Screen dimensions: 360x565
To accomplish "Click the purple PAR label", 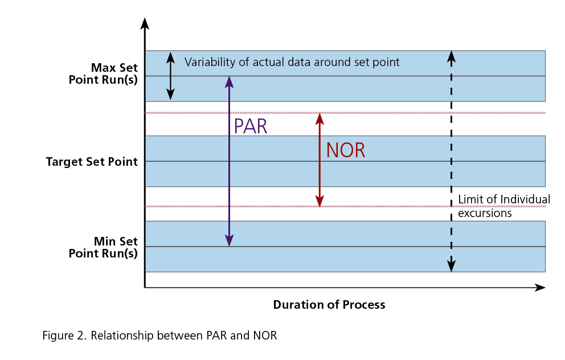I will coord(250,126).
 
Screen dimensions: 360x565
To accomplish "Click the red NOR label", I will coord(345,150).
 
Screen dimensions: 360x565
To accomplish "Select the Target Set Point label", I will coord(92,162).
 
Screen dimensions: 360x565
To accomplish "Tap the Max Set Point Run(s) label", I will coord(103,73).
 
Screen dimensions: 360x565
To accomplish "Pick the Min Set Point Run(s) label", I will coord(103,247).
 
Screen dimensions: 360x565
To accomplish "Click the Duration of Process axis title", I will coord(329,305).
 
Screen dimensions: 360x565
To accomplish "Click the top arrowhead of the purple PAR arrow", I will coord(229,81).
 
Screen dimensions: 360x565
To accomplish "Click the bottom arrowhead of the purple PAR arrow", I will coord(229,241).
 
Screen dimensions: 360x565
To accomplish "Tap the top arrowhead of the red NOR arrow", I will coord(320,118).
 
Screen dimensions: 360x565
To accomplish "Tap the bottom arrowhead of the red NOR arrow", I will coord(320,201).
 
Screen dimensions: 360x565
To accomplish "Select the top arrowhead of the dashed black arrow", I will coord(451,56).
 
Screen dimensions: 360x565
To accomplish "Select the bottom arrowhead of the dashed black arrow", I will coord(451,266).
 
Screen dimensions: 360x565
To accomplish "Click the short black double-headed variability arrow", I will coord(169,76).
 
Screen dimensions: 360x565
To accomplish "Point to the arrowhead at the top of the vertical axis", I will coord(145,23).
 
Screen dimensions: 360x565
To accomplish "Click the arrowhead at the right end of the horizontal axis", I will coord(541,288).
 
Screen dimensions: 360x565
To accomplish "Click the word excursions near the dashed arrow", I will coord(485,214).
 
